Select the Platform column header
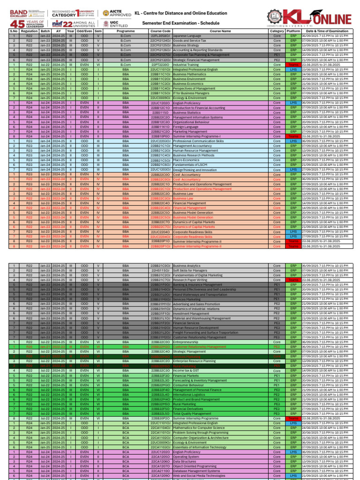click(293, 31)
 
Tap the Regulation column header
click(29, 31)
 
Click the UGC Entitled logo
click(112, 23)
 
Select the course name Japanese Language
click(187, 36)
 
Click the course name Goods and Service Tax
click(190, 41)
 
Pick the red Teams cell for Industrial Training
click(293, 65)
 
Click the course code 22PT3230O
click(160, 65)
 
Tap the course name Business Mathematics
click(190, 74)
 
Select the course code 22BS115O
click(160, 112)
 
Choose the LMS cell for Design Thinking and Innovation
click(293, 170)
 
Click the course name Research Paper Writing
click(190, 280)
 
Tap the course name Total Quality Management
click(192, 414)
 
